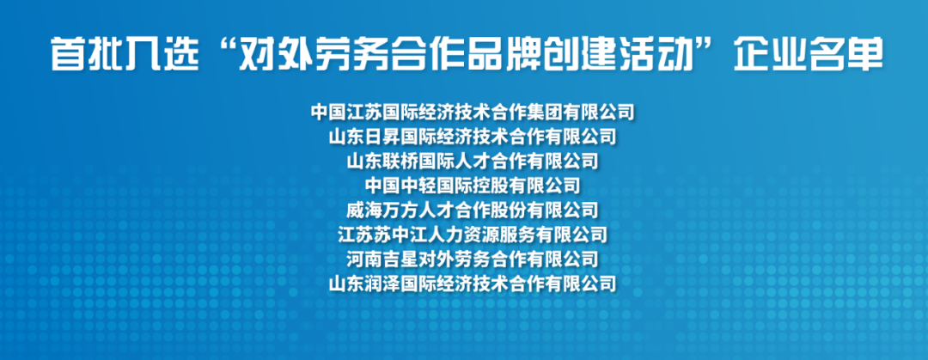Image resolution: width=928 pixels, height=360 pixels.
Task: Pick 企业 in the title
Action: [769, 54]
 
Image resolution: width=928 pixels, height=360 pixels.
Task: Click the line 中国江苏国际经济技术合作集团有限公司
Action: [473, 112]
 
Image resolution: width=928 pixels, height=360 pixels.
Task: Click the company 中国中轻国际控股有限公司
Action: [473, 186]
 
